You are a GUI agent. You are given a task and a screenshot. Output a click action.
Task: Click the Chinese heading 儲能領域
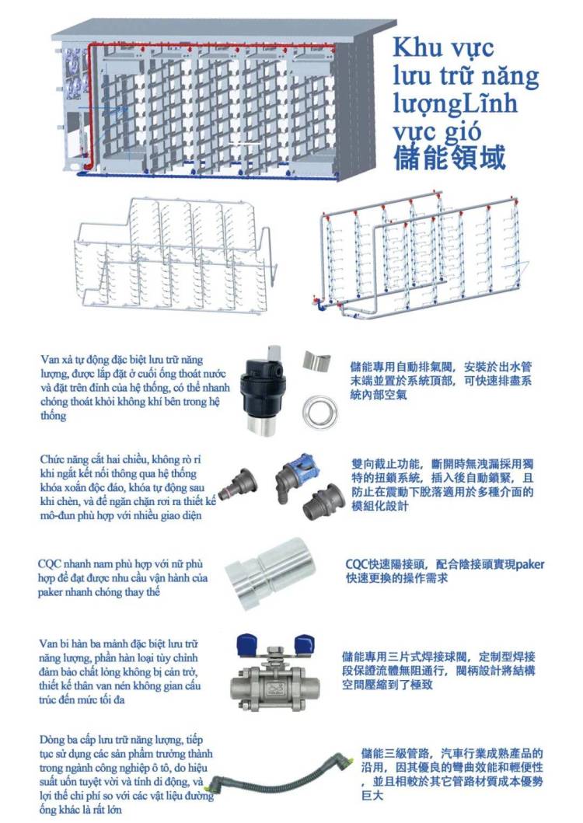[x=450, y=156]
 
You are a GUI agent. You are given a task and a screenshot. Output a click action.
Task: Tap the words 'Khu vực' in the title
[x=443, y=47]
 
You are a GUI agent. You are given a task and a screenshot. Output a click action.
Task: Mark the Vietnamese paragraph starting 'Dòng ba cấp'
[x=124, y=774]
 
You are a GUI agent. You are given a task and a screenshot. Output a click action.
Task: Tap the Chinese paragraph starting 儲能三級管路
[x=451, y=774]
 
